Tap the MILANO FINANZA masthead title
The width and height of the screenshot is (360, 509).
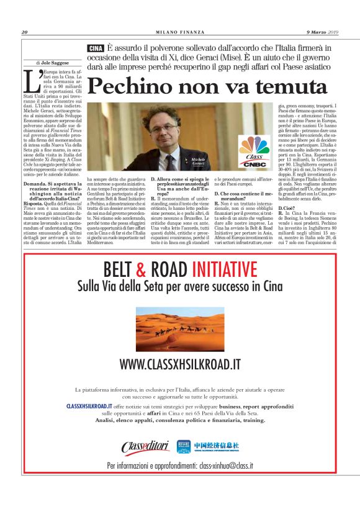pos(179,33)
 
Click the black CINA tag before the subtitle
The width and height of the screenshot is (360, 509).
pos(96,48)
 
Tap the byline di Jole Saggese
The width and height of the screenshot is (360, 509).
pos(55,63)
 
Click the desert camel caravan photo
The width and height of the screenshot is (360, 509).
pos(180,327)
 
